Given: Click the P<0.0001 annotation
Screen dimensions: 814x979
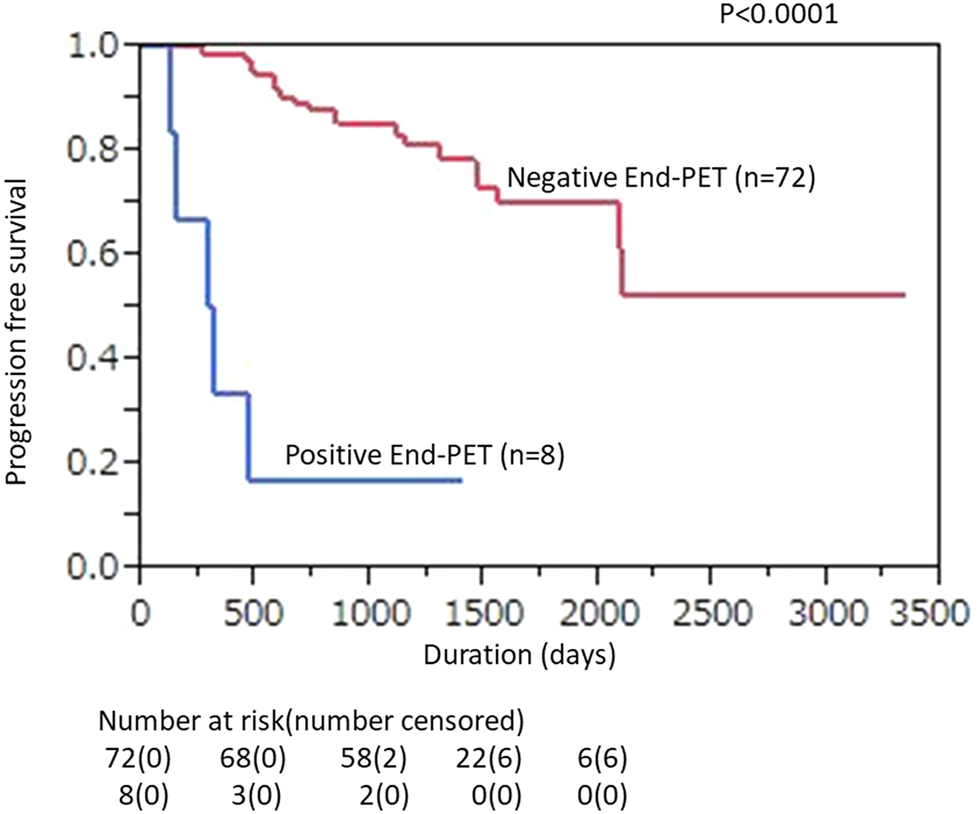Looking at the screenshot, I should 778,14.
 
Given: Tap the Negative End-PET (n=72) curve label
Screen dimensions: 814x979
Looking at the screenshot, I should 661,177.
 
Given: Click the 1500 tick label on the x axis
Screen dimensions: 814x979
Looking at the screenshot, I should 484,613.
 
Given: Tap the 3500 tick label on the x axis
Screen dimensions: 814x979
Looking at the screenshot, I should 929,613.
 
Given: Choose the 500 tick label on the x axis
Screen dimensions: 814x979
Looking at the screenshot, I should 253,613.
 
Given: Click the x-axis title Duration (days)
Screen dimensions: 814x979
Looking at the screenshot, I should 519,655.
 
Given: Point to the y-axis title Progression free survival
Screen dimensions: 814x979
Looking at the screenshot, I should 16,332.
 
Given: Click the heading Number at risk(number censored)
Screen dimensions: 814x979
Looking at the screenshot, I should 311,721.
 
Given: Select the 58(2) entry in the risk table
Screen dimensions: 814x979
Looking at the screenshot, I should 373,758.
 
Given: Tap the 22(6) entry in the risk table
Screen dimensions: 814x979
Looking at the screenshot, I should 489,758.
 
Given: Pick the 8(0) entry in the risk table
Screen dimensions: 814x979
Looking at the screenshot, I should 143,795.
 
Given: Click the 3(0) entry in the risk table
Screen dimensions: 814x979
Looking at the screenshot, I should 256,795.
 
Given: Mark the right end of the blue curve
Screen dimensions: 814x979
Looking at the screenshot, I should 461,481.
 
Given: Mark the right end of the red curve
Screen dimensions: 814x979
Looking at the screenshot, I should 905,295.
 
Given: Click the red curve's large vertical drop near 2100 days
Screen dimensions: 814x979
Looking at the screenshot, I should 621,250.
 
